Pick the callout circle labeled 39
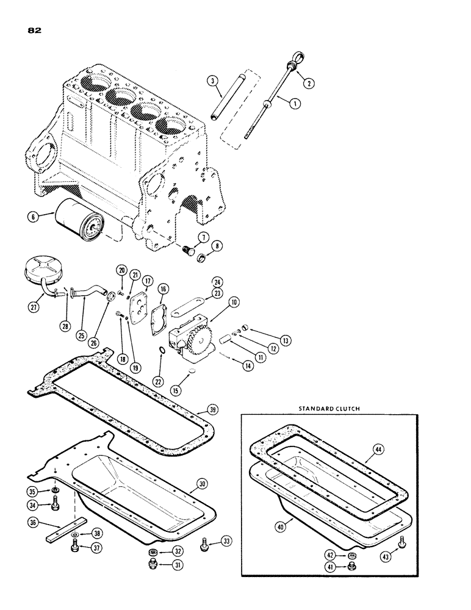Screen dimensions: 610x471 click(211, 409)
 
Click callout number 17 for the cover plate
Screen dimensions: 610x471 click(148, 281)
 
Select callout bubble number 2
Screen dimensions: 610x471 click(310, 84)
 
